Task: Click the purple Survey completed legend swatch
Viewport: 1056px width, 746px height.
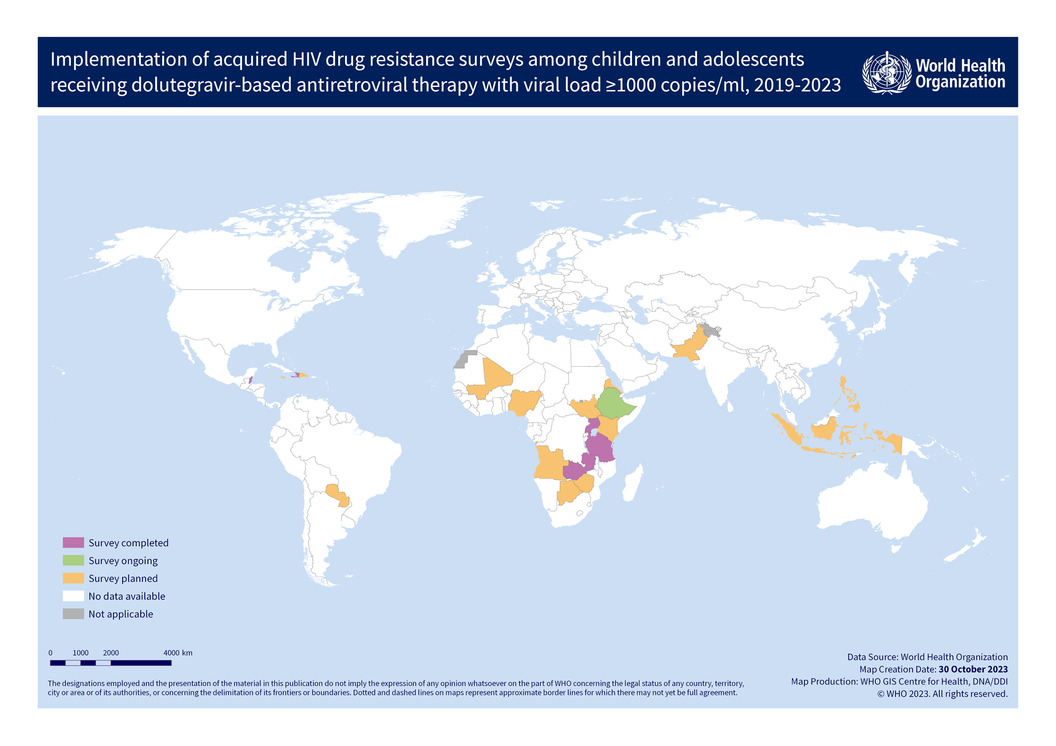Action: pos(73,543)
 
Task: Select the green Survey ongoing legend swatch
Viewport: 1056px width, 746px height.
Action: pos(73,560)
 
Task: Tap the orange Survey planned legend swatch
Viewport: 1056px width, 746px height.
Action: pos(73,578)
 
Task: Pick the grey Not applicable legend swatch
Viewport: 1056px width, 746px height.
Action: pos(73,614)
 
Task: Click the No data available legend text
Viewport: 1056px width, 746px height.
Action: pos(127,596)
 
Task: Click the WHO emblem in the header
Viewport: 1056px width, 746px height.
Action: pos(886,73)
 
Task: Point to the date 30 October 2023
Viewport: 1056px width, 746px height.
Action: pos(973,669)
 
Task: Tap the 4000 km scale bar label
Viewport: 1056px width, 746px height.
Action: pos(178,653)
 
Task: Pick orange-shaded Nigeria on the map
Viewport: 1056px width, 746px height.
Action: pos(524,402)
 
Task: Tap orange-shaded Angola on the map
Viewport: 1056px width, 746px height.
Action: pos(549,463)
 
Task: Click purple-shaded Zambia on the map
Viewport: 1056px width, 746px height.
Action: pos(575,470)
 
